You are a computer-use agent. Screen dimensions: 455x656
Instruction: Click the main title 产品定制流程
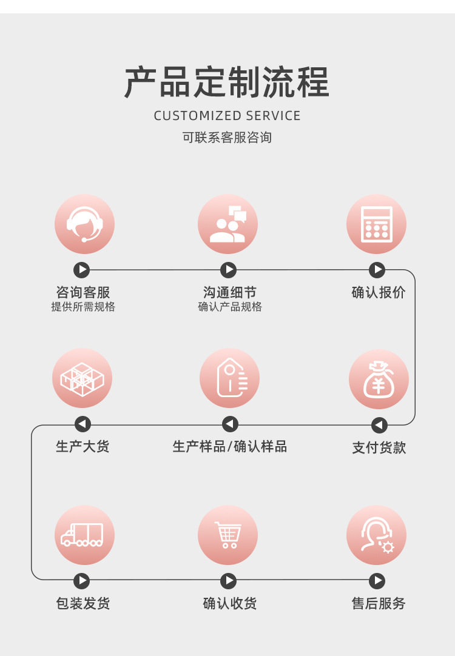coord(227,82)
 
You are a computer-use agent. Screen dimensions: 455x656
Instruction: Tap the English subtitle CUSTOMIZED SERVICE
coord(227,116)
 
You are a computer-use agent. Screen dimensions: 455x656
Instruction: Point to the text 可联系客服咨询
coord(227,138)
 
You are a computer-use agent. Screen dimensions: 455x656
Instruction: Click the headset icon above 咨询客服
coord(84,224)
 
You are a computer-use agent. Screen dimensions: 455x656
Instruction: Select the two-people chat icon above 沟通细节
coord(227,224)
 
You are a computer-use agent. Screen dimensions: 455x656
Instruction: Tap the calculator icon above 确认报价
coord(376,224)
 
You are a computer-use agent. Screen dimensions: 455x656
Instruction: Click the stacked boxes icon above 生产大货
coord(83,378)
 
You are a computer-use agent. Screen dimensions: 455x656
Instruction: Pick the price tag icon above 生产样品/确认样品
coord(229,378)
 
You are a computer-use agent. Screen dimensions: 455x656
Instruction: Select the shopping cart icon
coord(227,535)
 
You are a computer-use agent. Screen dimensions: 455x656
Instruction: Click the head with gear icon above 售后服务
coord(376,535)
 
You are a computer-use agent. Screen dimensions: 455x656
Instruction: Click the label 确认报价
coord(379,293)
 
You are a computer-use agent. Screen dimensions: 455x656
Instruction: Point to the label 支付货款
coord(379,448)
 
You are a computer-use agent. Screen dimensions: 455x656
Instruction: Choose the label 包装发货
coord(83,604)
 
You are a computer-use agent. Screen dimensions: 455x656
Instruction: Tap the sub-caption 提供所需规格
coord(83,307)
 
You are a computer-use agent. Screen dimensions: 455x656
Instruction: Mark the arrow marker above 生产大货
coord(83,424)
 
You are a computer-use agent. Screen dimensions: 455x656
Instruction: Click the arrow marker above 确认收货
coord(228,581)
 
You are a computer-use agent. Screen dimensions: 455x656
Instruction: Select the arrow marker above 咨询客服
coord(81,270)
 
